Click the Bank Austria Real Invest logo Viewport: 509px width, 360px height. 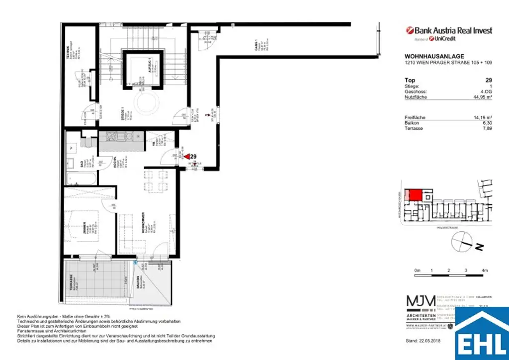click(x=449, y=31)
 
